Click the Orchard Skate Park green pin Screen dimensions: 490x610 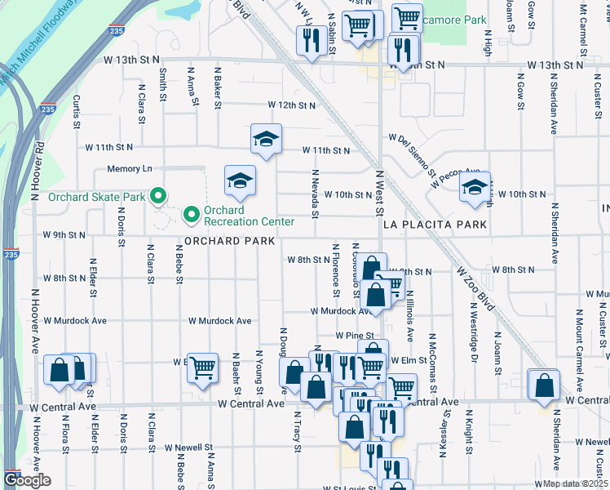[159, 196]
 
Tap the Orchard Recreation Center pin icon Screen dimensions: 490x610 [192, 215]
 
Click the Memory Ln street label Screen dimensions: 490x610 [130, 169]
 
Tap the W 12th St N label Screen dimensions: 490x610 [292, 105]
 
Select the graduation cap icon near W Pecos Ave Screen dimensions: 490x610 [474, 186]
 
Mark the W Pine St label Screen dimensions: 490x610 [354, 336]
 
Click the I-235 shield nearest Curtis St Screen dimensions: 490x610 [48, 109]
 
